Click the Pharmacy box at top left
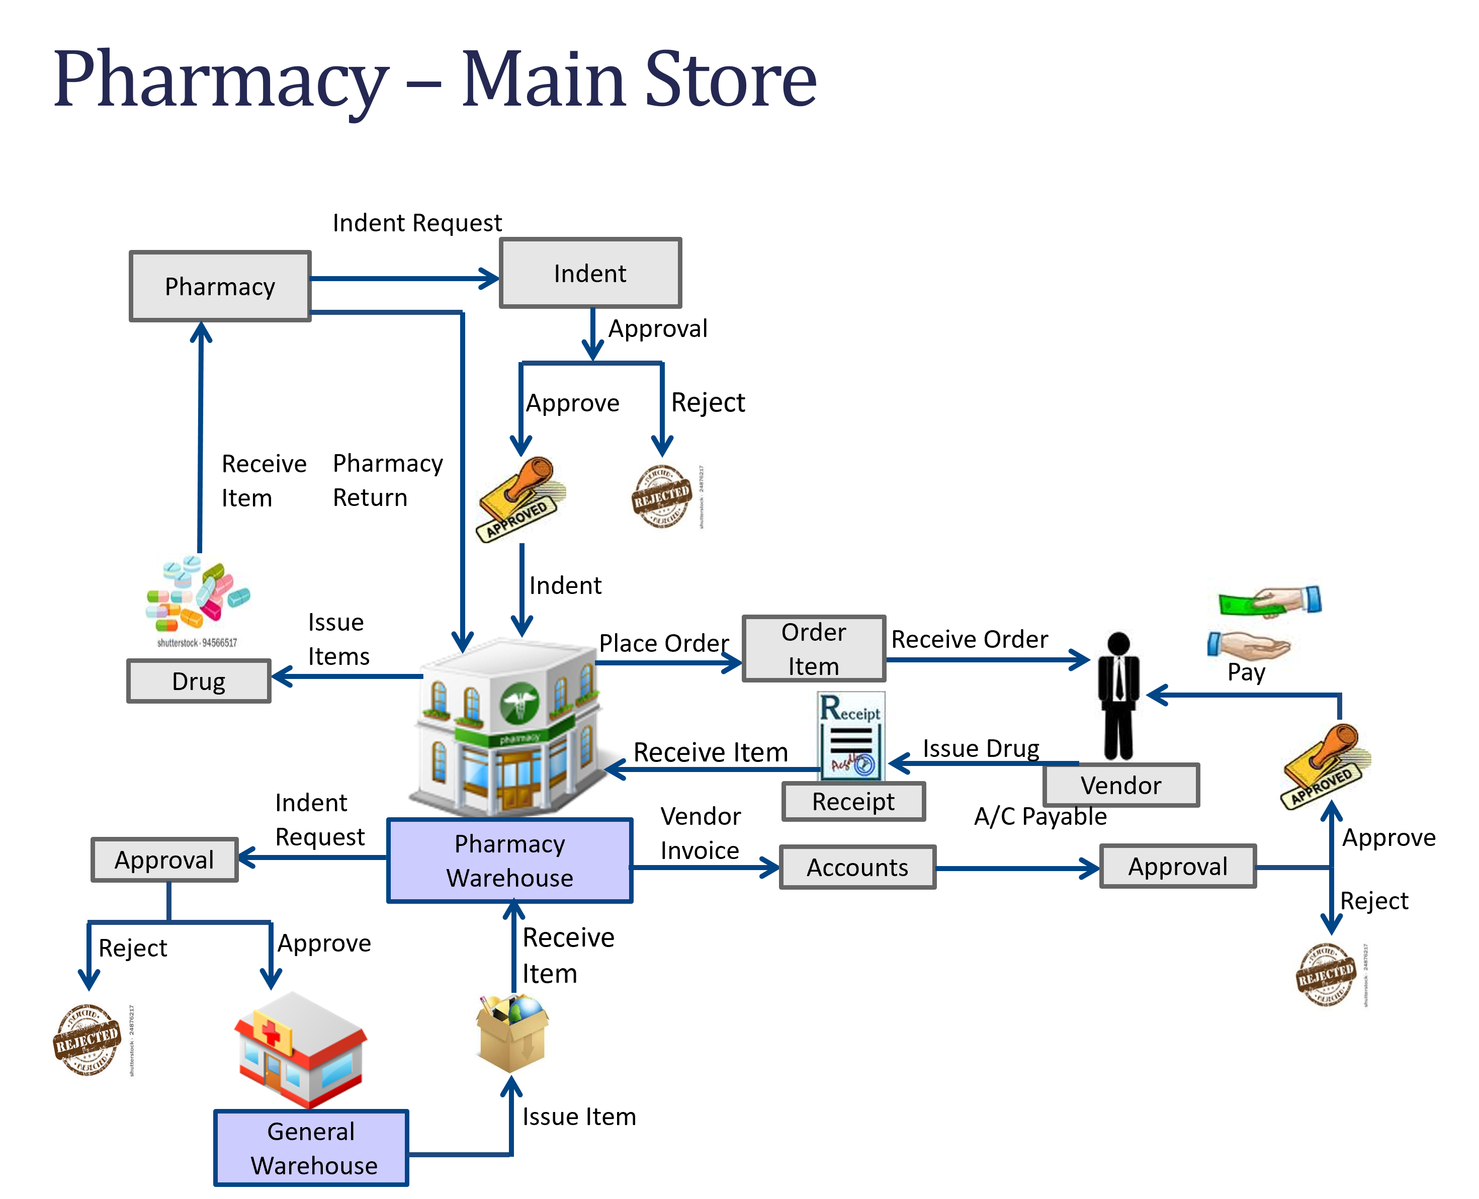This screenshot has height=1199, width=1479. (x=220, y=287)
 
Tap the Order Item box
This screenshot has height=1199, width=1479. (x=813, y=649)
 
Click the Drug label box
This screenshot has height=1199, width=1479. (x=199, y=681)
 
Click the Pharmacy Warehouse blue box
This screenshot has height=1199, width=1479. (x=509, y=861)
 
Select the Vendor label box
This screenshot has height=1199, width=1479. (x=1120, y=785)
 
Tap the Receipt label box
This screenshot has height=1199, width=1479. (x=853, y=802)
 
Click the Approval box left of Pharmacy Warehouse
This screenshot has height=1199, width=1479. (x=164, y=860)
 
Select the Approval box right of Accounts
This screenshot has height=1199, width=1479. (x=1177, y=866)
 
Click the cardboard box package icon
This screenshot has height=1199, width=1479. (x=511, y=1034)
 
